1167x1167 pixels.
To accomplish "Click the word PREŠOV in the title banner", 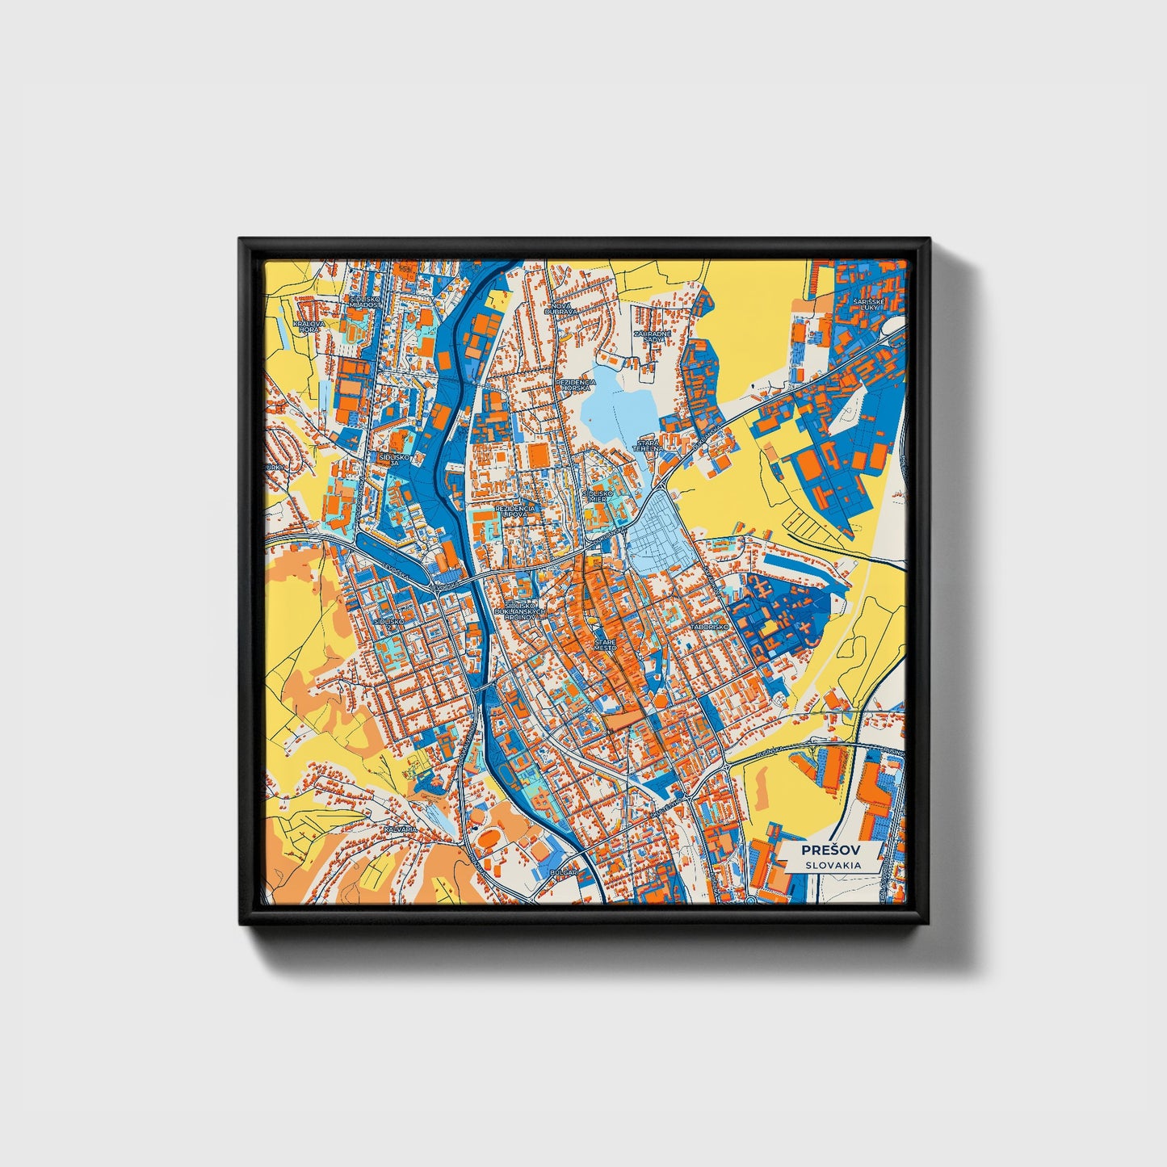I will tap(830, 850).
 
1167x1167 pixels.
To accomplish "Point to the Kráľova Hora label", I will tap(309, 326).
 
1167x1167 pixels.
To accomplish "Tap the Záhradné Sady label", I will tap(649, 336).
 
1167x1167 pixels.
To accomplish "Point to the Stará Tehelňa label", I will tap(648, 445).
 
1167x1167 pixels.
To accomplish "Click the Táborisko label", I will tap(710, 627).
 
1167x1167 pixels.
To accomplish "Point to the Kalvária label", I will tap(401, 829).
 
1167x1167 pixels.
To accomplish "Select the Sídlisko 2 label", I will tap(388, 622).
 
